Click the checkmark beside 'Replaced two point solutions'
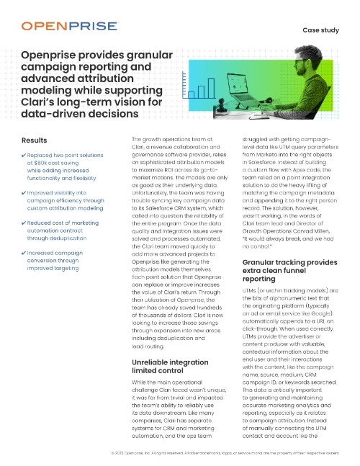[x=24, y=156]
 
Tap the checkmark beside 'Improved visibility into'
[x=24, y=193]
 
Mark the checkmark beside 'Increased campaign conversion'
[x=24, y=253]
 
